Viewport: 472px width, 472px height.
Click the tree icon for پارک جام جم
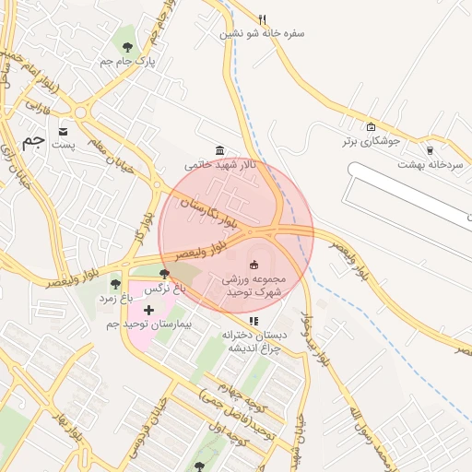(x=126, y=46)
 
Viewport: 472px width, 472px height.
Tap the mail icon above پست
(x=63, y=130)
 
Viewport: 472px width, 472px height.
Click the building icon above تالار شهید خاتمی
(x=218, y=150)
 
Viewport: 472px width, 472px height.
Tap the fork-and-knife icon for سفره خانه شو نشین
(x=263, y=19)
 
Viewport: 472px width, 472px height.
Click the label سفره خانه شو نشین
(x=262, y=34)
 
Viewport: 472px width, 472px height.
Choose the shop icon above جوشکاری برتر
(x=371, y=127)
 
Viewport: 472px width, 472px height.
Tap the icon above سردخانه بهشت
(x=429, y=149)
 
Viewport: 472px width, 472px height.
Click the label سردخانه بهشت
(x=429, y=163)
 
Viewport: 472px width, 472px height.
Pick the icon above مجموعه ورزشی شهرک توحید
(x=254, y=265)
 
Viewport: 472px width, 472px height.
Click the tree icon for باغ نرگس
(x=164, y=274)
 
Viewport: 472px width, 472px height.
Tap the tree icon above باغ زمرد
(x=115, y=284)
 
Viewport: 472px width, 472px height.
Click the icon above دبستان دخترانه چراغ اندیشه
(x=254, y=321)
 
